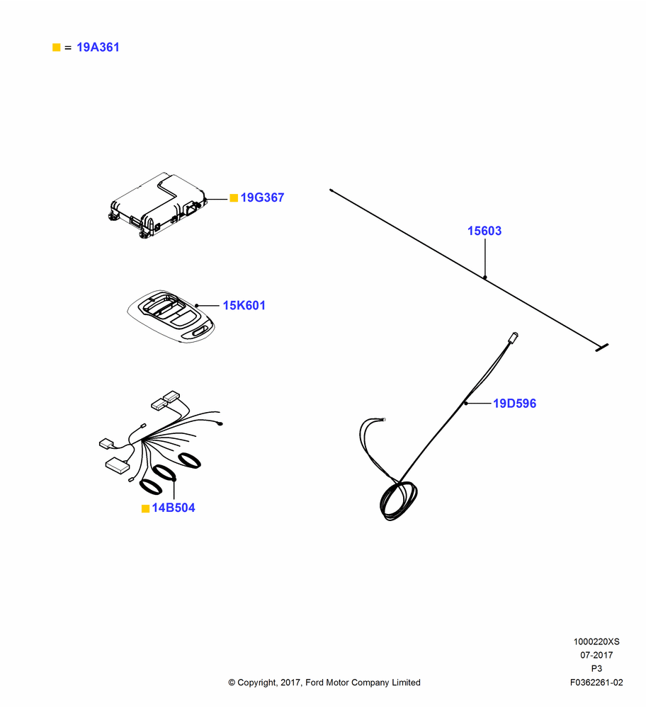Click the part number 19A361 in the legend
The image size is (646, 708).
pos(98,47)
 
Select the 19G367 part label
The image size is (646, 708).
pos(262,198)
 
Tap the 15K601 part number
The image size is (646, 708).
pos(244,306)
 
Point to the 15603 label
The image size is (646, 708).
pos(484,232)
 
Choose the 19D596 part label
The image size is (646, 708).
pos(514,404)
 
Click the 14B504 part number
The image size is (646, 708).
pos(174,508)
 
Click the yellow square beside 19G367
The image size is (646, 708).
pos(234,198)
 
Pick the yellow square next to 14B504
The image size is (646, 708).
pos(145,509)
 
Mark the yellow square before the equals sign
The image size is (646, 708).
pos(57,47)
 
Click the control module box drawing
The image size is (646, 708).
pos(158,205)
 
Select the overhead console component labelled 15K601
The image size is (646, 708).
pos(171,316)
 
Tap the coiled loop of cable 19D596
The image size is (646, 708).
pos(398,501)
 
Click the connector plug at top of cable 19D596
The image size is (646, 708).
pos(513,337)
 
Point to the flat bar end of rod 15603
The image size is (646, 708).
pos(601,347)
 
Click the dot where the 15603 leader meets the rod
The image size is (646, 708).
pos(484,278)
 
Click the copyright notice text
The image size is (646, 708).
pos(324,683)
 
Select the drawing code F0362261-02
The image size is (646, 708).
pos(596,683)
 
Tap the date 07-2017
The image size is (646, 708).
pos(596,655)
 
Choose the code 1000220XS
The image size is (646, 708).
pos(596,641)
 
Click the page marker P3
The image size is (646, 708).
pos(596,669)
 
